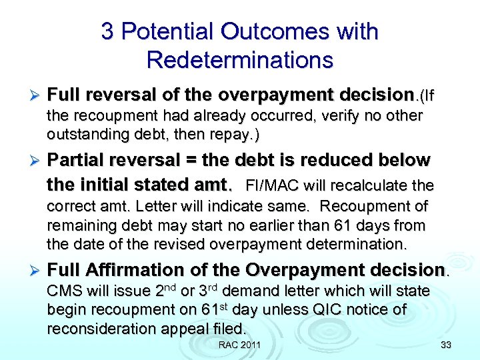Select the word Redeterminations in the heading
[x=239, y=60]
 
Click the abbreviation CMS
[x=63, y=291]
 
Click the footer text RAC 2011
[x=239, y=345]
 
